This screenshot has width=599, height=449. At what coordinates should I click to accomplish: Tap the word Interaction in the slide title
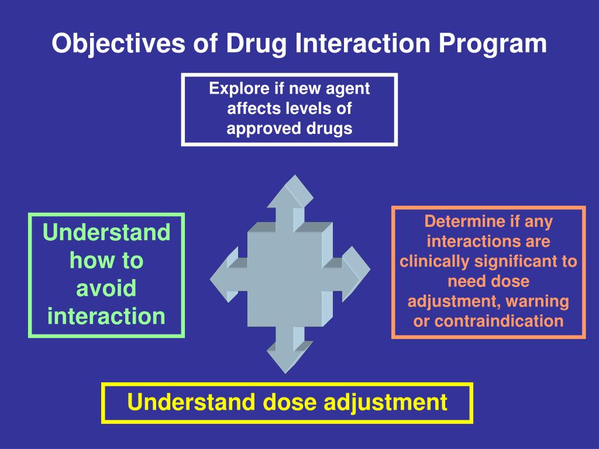click(x=349, y=44)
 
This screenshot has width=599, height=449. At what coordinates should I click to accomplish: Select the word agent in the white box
click(x=349, y=89)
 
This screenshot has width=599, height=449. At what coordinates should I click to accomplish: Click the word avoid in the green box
click(x=106, y=288)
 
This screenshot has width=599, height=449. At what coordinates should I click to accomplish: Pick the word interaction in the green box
click(x=106, y=316)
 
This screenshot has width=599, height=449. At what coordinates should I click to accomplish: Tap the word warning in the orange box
click(x=537, y=301)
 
